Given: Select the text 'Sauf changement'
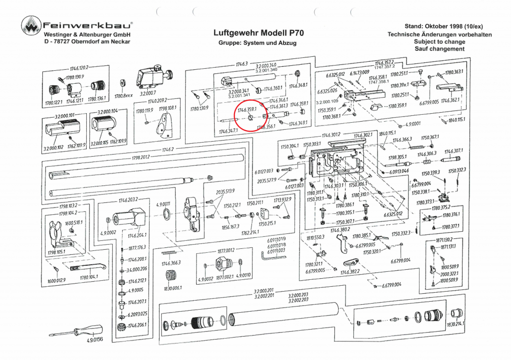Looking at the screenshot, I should point(439,49).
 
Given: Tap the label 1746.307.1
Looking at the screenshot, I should point(454,151).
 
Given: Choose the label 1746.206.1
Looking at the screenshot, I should point(137,325).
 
